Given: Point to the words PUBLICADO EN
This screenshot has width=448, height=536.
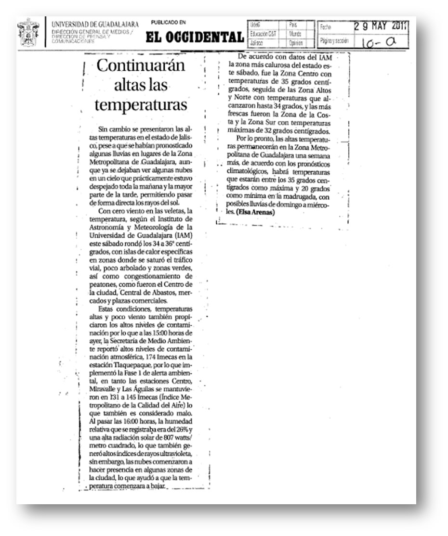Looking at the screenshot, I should tap(168, 23).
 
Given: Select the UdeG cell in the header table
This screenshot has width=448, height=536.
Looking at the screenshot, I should tap(256, 25).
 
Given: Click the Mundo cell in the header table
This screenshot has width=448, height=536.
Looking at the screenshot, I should tap(295, 34).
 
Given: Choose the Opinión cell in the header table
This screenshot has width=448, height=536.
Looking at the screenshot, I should tap(296, 43).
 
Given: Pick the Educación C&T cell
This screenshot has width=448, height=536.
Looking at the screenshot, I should tap(263, 34).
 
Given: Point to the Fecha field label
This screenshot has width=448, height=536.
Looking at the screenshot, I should tap(326, 27).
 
